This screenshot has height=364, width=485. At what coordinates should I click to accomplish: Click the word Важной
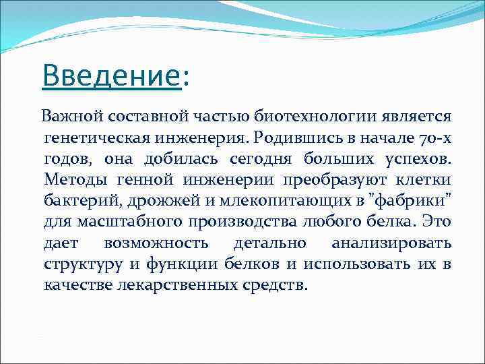coord(69,117)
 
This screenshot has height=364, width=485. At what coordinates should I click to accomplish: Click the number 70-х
coord(429,138)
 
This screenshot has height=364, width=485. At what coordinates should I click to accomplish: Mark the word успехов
coord(416,159)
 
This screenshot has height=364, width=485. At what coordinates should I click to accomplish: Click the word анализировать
coord(391,243)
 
